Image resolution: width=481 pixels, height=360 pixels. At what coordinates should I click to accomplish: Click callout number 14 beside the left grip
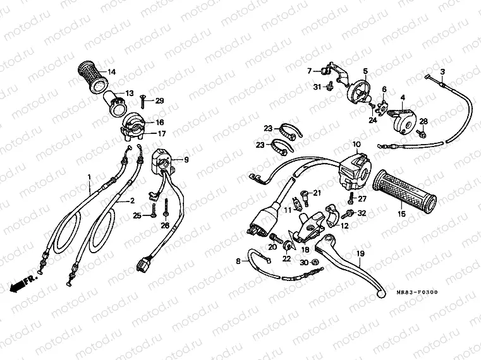click(111, 71)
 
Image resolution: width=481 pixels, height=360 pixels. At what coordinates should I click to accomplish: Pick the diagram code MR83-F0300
click(417, 293)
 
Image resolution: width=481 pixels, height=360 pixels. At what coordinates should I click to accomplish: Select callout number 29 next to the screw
click(159, 100)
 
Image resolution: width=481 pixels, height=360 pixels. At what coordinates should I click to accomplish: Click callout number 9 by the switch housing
click(186, 160)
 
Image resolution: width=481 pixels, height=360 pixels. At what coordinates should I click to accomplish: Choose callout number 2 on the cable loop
click(132, 200)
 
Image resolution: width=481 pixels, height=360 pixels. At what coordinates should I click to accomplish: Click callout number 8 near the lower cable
click(238, 260)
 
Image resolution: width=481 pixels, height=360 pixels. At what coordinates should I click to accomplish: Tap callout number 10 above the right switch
click(355, 144)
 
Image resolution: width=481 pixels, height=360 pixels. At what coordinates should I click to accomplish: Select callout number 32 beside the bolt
click(362, 213)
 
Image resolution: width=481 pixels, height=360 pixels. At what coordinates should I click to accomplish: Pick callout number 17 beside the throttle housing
click(161, 133)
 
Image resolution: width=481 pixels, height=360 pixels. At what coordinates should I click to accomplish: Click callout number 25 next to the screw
click(137, 215)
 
